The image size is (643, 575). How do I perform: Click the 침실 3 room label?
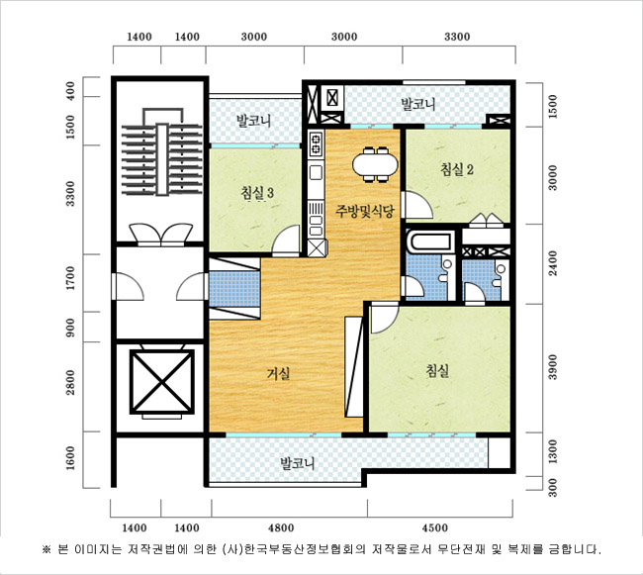tap(257, 194)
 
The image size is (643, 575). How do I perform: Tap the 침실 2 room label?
tap(457, 169)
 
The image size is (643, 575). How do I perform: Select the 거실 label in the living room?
tap(278, 373)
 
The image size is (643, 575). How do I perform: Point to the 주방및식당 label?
tap(365, 211)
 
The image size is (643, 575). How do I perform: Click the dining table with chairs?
tap(375, 164)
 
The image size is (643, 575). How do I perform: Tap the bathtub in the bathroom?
tap(430, 242)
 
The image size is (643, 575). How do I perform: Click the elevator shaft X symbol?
tap(162, 382)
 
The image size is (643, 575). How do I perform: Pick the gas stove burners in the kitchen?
tap(317, 144)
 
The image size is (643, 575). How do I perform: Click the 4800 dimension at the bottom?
tap(281, 527)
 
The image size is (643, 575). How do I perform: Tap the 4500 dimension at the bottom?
tap(434, 527)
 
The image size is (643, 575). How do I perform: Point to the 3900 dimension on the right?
tap(553, 367)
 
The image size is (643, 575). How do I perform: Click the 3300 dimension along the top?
tap(457, 37)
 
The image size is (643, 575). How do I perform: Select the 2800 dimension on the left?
tap(71, 383)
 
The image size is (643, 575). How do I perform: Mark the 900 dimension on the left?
tap(71, 328)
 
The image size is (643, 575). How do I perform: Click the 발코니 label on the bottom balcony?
tap(298, 464)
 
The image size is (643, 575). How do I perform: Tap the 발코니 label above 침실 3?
tap(253, 121)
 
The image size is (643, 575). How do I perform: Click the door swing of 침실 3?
tap(286, 240)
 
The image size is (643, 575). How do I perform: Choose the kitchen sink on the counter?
tap(316, 172)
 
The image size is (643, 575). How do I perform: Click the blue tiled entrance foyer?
tap(234, 289)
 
